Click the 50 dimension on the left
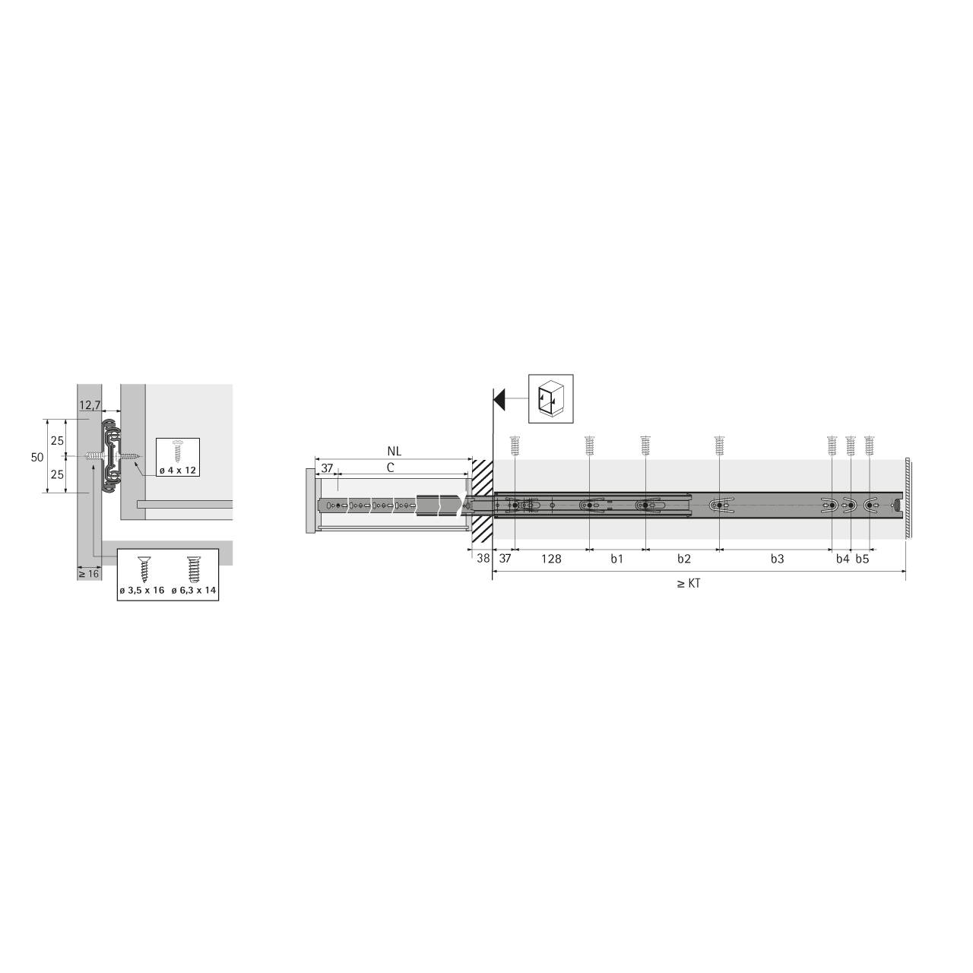click(x=36, y=457)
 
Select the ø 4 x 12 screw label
click(x=178, y=471)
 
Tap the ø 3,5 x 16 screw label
click(x=141, y=591)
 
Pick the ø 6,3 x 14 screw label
click(x=194, y=591)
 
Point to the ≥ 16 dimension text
click(x=89, y=574)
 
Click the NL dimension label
click(x=393, y=452)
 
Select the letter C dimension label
click(x=390, y=468)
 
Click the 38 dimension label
click(x=482, y=559)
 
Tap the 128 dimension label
click(x=551, y=559)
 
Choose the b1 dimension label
click(x=616, y=559)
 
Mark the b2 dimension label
click(x=683, y=559)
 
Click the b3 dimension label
click(x=776, y=559)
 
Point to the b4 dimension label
click(x=841, y=559)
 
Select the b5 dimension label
click(x=861, y=559)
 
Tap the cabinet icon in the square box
click(x=550, y=398)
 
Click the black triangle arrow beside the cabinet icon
click(x=499, y=398)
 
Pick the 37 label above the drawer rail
click(x=327, y=468)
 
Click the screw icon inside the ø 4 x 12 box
click(x=178, y=450)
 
